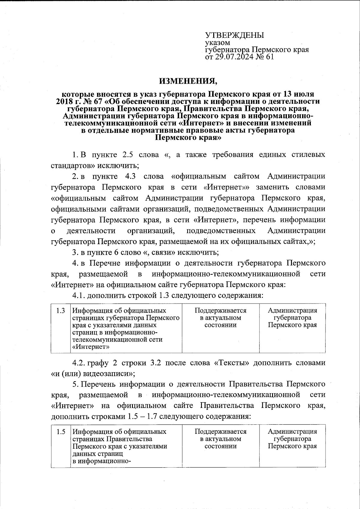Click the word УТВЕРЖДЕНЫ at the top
(x=234, y=35)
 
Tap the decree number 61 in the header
(x=269, y=57)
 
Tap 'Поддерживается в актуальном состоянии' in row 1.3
(x=220, y=318)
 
